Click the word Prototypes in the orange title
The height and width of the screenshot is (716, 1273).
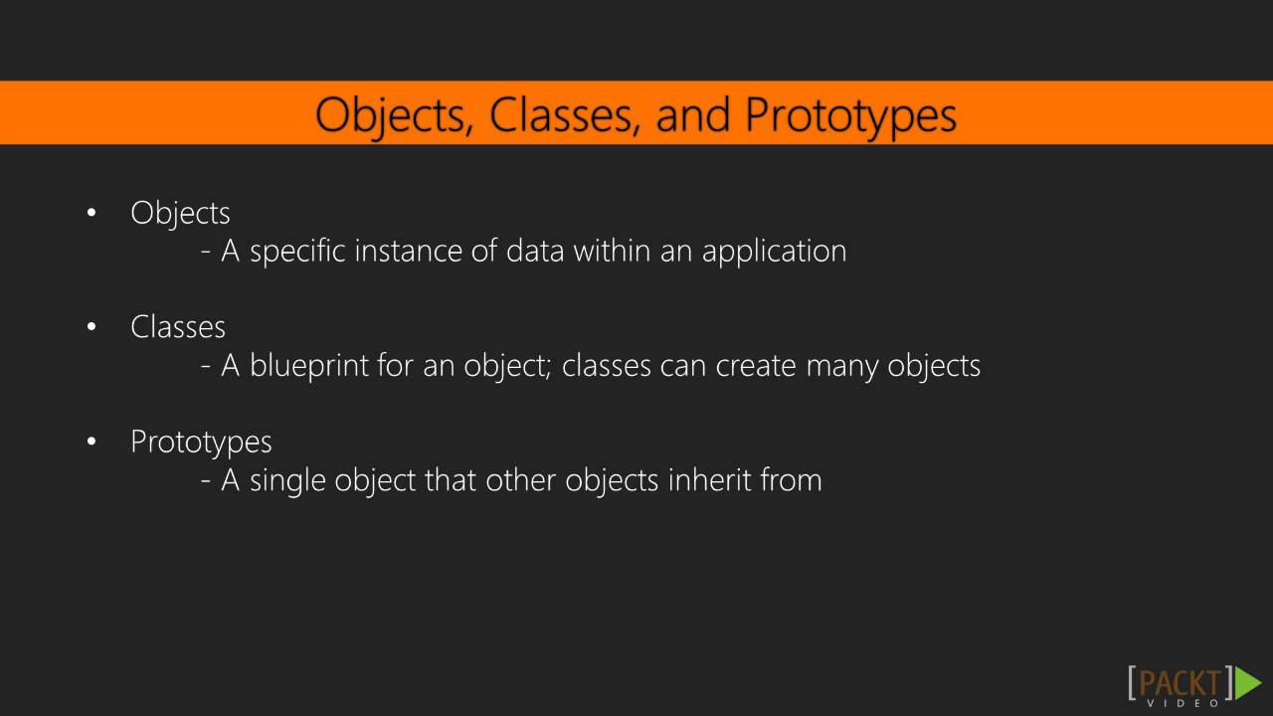click(850, 115)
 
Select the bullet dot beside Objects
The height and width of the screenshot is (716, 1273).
click(91, 212)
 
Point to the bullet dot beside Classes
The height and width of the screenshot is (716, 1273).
click(91, 326)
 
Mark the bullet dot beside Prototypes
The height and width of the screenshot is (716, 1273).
click(91, 441)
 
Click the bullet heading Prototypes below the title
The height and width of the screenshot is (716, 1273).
click(201, 442)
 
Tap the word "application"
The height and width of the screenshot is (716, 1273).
click(774, 252)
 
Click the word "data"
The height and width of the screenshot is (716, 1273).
click(535, 251)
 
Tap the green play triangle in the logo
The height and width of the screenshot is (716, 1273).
click(1248, 682)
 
